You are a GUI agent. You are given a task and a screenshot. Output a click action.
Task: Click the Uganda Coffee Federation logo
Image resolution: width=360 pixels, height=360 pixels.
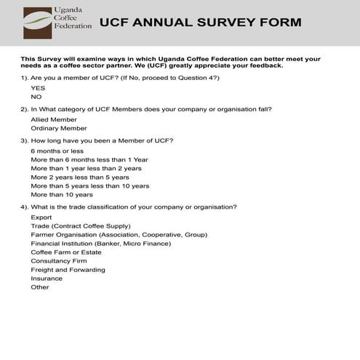pyautogui.click(x=57, y=23)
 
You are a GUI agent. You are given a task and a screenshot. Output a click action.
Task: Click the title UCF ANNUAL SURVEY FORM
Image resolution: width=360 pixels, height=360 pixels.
pyautogui.click(x=199, y=22)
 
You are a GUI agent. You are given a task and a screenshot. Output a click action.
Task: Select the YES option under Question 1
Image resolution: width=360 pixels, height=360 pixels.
pyautogui.click(x=38, y=87)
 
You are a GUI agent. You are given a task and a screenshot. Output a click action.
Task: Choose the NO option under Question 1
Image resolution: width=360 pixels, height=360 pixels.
pyautogui.click(x=36, y=96)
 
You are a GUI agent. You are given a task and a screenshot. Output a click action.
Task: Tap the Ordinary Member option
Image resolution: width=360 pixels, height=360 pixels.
pyautogui.click(x=58, y=128)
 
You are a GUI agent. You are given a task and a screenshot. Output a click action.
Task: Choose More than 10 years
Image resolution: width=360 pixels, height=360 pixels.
pyautogui.click(x=62, y=194)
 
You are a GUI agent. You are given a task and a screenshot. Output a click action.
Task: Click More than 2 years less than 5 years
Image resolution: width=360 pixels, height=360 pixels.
pyautogui.click(x=80, y=177)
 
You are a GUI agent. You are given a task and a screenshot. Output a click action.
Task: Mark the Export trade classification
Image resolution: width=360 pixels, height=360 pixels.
pyautogui.click(x=41, y=217)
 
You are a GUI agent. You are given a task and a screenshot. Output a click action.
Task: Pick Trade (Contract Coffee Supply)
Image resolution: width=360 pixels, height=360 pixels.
pyautogui.click(x=81, y=225)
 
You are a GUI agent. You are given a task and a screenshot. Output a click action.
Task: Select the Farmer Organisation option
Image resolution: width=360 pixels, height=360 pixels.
pyautogui.click(x=119, y=234)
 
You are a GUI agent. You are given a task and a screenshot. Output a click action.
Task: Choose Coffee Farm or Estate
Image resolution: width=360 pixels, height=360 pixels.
pyautogui.click(x=66, y=252)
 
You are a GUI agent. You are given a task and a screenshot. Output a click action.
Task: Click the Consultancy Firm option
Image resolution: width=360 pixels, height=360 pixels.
pyautogui.click(x=59, y=260)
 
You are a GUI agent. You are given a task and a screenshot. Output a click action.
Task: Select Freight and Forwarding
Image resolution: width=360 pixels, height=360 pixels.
pyautogui.click(x=68, y=269)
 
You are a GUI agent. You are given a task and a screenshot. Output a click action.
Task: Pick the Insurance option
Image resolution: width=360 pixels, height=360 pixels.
pyautogui.click(x=47, y=278)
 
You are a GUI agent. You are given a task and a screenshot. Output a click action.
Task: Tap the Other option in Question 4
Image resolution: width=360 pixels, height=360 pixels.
pyautogui.click(x=40, y=287)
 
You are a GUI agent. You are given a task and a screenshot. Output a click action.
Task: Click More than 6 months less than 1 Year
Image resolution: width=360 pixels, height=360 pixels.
pyautogui.click(x=89, y=159)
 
